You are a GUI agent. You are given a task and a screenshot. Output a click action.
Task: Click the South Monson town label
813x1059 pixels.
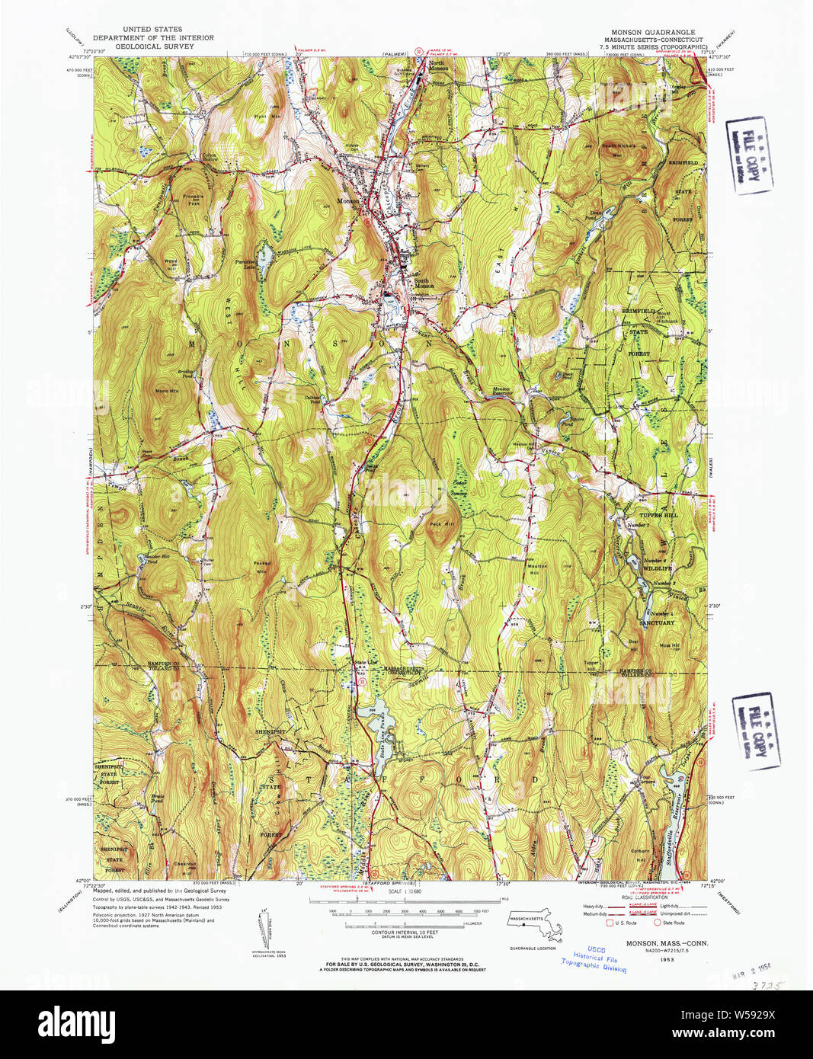tap(424, 283)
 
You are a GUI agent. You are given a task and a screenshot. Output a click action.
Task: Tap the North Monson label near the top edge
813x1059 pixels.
tap(438, 66)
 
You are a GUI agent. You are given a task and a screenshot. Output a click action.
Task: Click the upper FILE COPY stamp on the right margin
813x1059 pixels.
tap(748, 155)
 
